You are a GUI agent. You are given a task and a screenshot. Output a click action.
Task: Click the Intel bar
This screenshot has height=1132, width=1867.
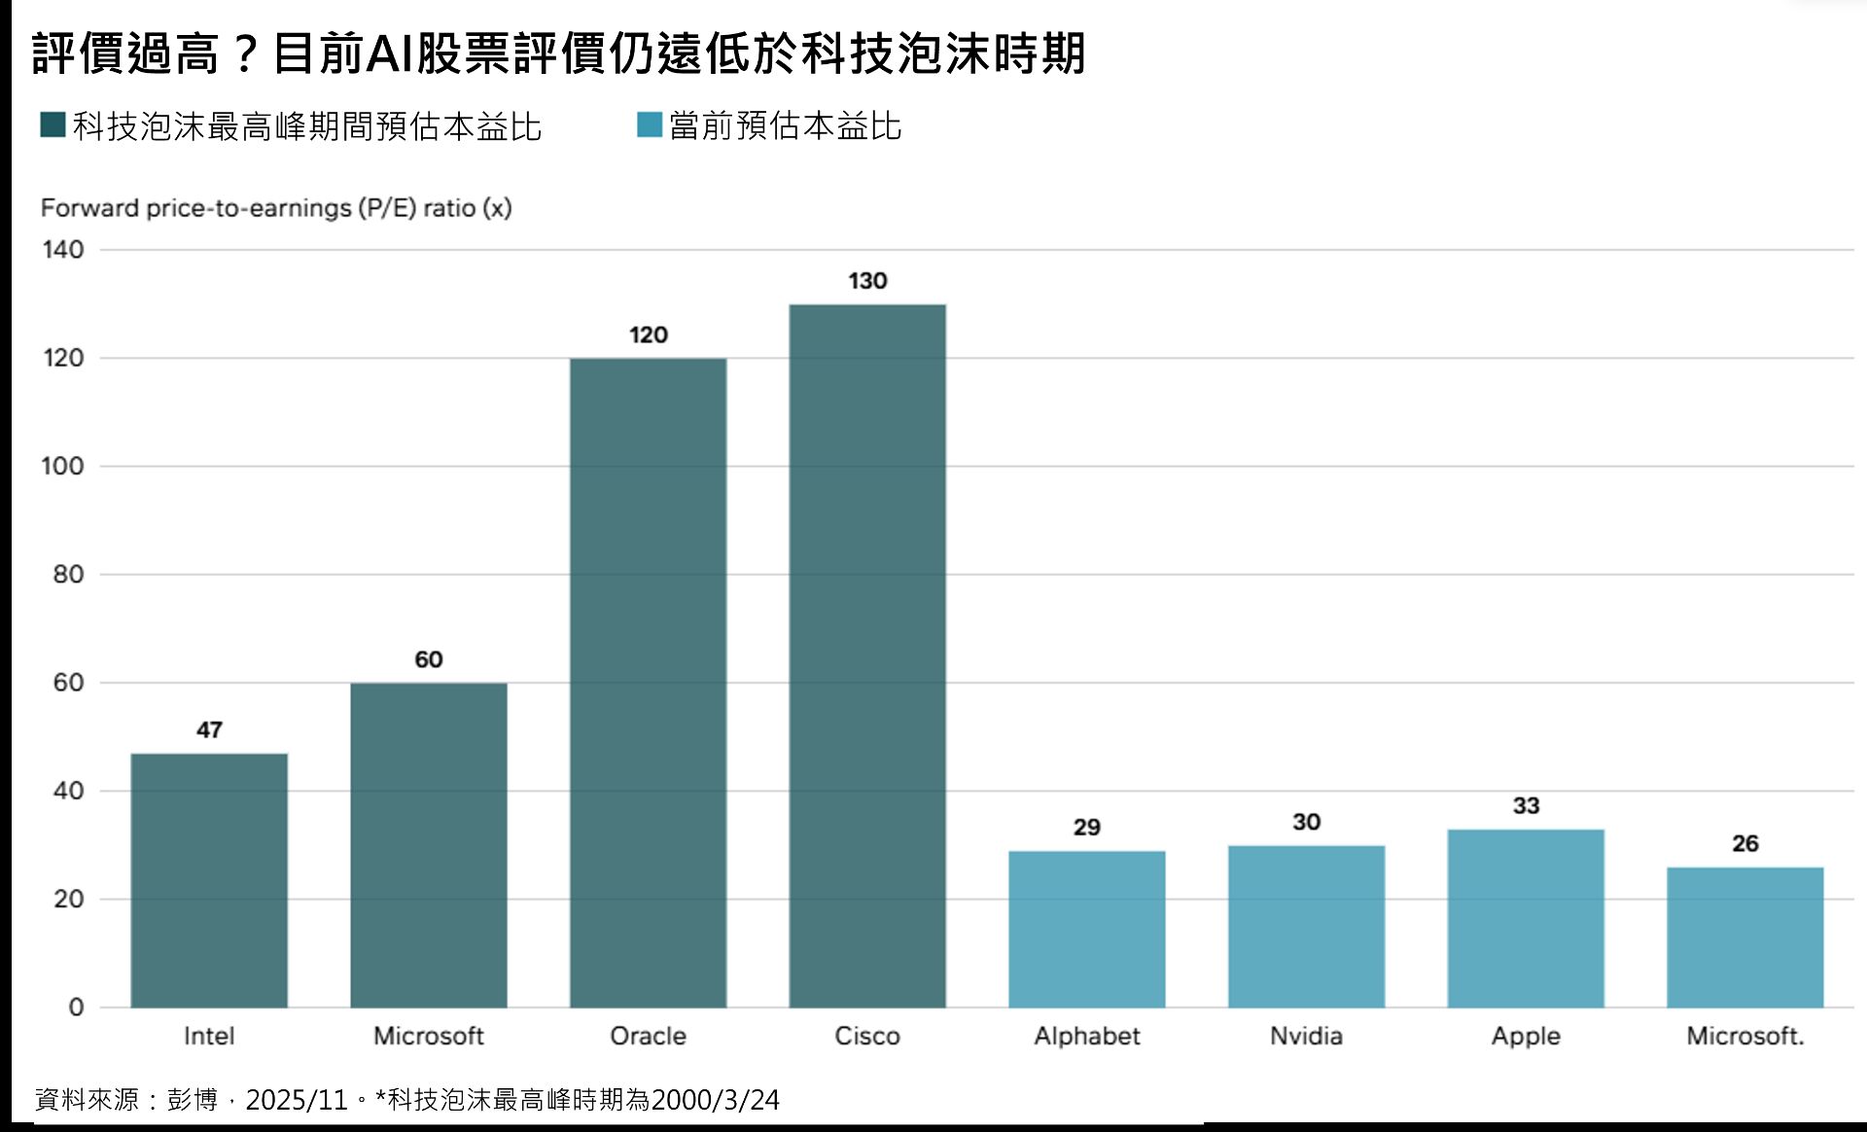[209, 880]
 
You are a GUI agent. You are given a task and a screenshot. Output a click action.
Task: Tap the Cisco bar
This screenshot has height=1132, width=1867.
[867, 655]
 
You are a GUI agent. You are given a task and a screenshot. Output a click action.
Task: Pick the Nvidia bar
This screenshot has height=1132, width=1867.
[1306, 926]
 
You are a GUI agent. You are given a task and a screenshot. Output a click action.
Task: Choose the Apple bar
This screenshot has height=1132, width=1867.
[1526, 918]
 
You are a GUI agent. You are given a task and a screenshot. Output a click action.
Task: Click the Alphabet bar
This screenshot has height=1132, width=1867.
[1086, 929]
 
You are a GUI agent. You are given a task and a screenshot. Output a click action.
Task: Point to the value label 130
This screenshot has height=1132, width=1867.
[867, 281]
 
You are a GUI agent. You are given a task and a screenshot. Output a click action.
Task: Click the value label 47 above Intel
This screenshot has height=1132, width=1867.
[209, 729]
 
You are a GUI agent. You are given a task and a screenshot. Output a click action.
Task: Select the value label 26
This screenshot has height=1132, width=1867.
[1744, 843]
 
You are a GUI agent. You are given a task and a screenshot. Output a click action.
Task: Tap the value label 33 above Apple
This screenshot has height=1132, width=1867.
[1526, 805]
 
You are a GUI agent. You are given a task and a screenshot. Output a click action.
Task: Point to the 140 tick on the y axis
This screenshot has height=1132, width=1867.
[63, 250]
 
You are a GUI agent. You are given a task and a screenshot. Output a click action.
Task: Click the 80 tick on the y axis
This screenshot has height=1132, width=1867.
[68, 575]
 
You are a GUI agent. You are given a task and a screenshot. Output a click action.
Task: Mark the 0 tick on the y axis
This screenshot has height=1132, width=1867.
[76, 1008]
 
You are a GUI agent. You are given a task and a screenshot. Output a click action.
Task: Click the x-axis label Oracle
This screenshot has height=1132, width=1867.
[648, 1036]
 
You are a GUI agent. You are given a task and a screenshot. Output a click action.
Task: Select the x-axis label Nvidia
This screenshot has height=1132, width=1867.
[1306, 1036]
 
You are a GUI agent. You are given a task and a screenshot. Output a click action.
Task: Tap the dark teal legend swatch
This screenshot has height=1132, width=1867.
[53, 125]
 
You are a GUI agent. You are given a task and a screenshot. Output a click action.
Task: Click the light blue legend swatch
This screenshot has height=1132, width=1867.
[649, 125]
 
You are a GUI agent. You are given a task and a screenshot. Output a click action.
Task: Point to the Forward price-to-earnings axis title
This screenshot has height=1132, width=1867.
[276, 208]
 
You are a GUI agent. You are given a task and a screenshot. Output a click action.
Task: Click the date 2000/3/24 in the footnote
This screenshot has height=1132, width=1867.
[715, 1100]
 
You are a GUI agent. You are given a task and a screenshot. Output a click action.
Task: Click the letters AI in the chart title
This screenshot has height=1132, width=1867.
[390, 53]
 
